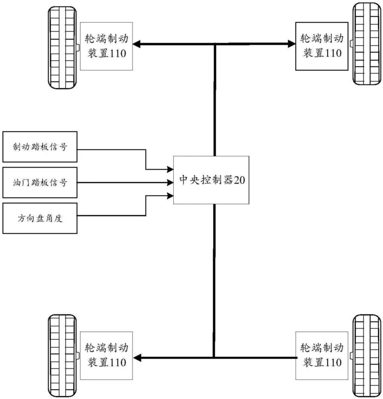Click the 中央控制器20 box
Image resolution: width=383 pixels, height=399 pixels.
tap(211, 181)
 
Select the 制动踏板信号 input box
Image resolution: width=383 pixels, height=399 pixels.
tap(40, 147)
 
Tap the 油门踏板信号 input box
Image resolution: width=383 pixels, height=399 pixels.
tap(40, 183)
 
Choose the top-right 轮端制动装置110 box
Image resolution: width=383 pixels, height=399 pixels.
tap(321, 46)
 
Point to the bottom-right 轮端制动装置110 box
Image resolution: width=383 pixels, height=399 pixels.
tap(321, 356)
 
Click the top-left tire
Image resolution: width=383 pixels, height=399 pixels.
tap(62, 47)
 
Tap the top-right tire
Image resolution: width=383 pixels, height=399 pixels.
tap(367, 44)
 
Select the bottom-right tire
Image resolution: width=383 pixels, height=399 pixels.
tap(367, 356)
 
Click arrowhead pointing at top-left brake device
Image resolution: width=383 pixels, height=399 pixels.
tap(137, 45)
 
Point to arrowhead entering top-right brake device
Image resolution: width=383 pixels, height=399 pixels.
tap(291, 45)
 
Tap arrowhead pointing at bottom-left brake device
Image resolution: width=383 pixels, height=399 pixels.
tap(137, 358)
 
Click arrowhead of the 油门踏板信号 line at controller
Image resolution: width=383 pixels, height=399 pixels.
tap(170, 183)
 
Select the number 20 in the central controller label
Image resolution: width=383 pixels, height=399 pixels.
tap(240, 181)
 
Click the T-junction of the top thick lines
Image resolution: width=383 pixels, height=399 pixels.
tap(214, 45)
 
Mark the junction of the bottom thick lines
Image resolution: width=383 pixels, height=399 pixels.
tap(214, 358)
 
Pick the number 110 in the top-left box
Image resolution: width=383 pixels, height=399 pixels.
tap(117, 53)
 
